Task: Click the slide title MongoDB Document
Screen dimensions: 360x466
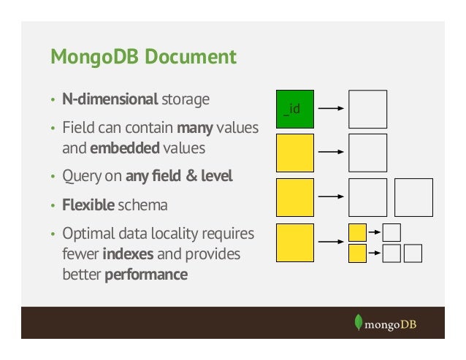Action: click(x=142, y=57)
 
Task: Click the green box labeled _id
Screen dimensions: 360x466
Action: click(x=295, y=109)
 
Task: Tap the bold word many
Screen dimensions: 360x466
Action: click(x=194, y=129)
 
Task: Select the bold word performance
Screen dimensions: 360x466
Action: click(x=146, y=275)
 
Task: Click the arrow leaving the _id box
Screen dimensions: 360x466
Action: click(x=332, y=109)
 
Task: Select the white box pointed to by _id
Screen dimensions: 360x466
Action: click(x=367, y=109)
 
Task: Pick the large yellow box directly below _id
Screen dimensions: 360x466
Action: click(x=295, y=153)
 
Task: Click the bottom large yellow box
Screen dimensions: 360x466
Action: click(x=295, y=242)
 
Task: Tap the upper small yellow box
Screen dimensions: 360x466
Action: click(x=357, y=232)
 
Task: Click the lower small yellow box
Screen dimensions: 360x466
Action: click(x=357, y=253)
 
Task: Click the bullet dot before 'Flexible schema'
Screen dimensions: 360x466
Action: click(x=53, y=206)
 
